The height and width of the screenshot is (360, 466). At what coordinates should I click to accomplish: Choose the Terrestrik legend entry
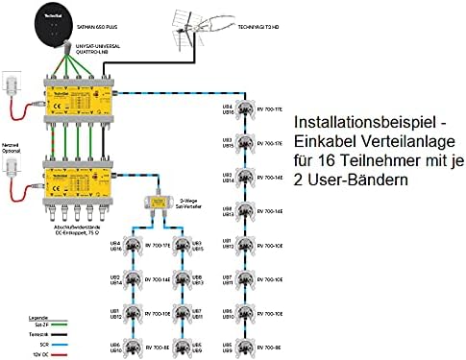point(37,333)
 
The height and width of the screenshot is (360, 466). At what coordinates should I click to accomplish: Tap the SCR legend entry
point(38,343)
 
